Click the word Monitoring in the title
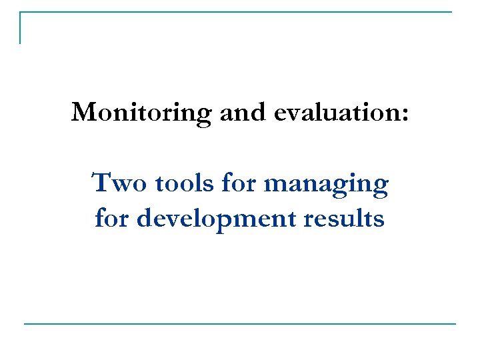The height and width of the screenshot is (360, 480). pyautogui.click(x=141, y=113)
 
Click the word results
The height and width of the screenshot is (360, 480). pyautogui.click(x=345, y=218)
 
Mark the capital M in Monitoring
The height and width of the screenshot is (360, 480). pyautogui.click(x=83, y=112)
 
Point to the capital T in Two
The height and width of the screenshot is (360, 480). pyautogui.click(x=100, y=182)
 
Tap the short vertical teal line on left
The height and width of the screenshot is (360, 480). pyautogui.click(x=20, y=28)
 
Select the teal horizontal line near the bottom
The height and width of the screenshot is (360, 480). pyautogui.click(x=240, y=324)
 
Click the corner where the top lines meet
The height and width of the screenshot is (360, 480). pyautogui.click(x=20, y=12)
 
